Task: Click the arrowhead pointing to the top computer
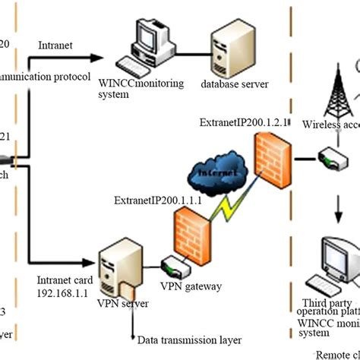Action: (98, 57)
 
